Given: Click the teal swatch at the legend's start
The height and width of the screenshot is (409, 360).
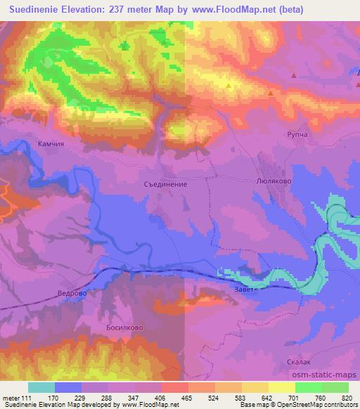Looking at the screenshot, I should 41,387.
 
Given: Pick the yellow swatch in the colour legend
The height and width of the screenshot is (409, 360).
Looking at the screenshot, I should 281,387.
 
